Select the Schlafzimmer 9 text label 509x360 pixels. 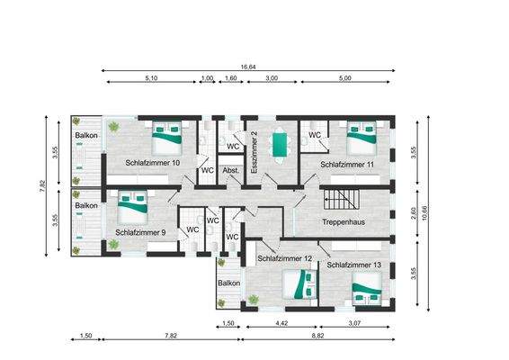(x=140, y=232)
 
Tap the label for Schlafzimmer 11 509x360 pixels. (x=347, y=165)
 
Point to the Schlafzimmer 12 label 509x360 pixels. (x=284, y=259)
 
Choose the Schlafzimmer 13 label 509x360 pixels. (x=354, y=265)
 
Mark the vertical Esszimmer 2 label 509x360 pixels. (x=255, y=152)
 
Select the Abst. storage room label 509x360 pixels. (x=230, y=169)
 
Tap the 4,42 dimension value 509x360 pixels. (x=281, y=322)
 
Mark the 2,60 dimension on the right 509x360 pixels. (x=413, y=212)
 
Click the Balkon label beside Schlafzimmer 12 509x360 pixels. (x=228, y=283)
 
